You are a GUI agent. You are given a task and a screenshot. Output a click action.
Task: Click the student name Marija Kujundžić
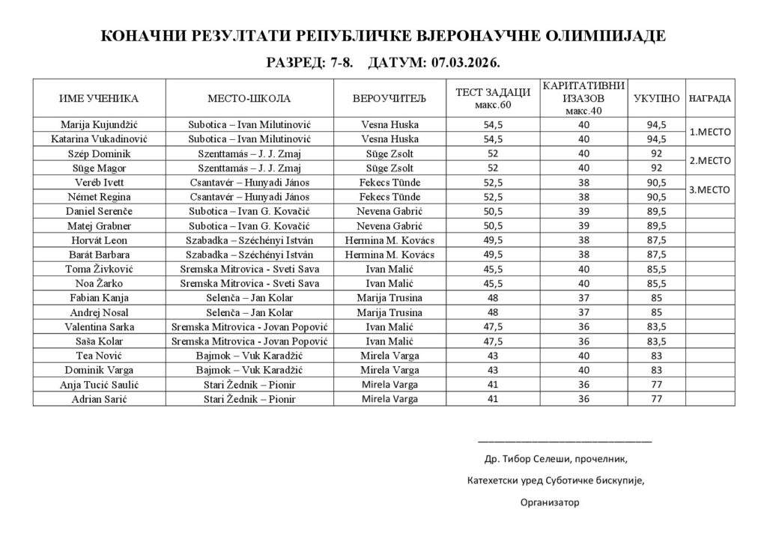100,124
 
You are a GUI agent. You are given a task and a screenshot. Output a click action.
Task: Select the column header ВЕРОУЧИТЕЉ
389,98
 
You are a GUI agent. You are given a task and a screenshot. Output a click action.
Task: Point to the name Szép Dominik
100,153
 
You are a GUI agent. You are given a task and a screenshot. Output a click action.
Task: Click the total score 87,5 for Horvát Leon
656,241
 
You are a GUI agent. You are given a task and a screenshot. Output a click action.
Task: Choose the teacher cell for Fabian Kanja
389,298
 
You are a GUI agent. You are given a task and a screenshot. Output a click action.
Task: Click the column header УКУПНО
656,98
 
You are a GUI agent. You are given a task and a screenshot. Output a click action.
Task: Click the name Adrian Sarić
100,399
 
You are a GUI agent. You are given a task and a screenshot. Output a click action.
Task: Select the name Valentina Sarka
100,327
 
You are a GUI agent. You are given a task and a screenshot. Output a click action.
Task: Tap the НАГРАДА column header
709,98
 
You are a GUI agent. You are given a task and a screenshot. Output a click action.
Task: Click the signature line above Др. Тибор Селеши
564,442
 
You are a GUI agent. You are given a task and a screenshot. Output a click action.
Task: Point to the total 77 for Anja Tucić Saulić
656,385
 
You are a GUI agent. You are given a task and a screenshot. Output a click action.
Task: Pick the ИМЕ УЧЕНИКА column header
100,98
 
